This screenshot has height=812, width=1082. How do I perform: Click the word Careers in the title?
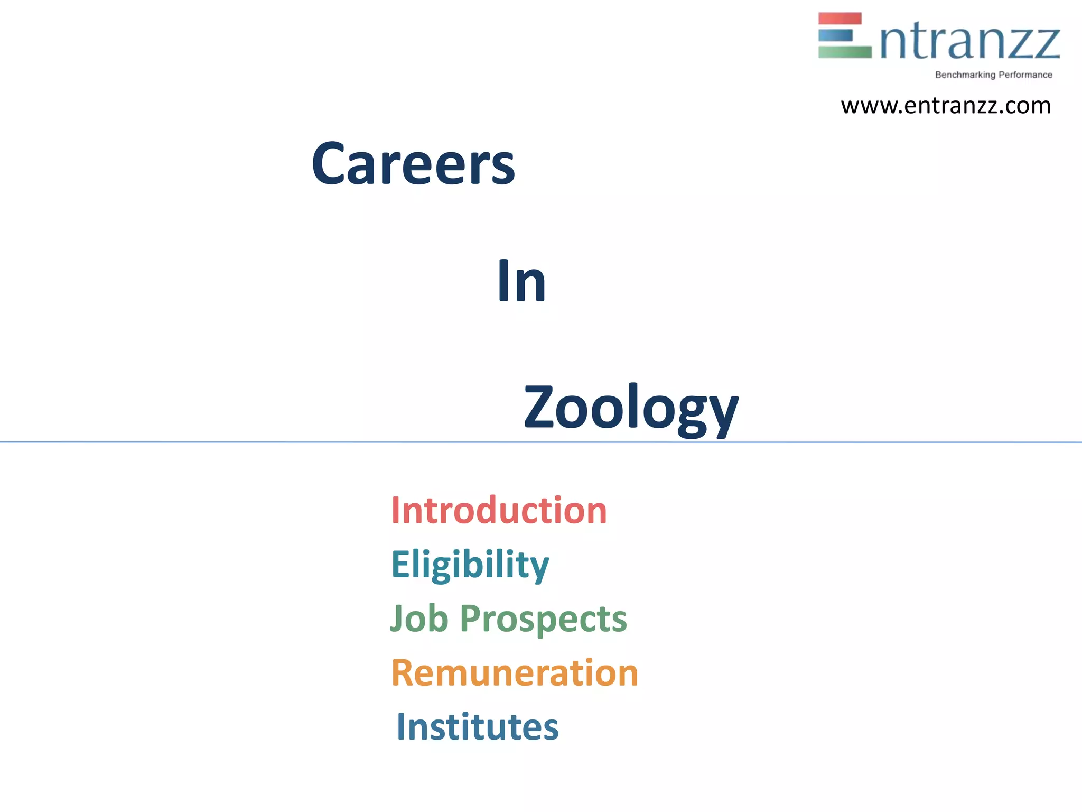tap(413, 164)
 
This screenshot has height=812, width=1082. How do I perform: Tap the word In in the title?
tap(521, 282)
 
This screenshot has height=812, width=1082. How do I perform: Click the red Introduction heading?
tap(499, 511)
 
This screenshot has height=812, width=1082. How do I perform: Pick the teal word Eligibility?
tap(470, 565)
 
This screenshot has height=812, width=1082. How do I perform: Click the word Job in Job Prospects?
tap(419, 619)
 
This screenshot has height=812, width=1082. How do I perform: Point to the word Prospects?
tap(543, 620)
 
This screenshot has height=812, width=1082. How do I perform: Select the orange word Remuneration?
tap(515, 673)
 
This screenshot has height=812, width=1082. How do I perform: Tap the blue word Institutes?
tap(477, 727)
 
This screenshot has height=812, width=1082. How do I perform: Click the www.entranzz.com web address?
tap(946, 106)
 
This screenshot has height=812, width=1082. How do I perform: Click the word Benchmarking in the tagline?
tap(965, 75)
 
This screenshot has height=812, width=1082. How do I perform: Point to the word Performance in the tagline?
tap(1025, 75)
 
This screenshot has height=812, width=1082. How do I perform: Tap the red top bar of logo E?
tap(840, 19)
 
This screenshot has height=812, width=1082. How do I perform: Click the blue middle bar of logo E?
tap(835, 35)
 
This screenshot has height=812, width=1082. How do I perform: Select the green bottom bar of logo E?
tap(844, 52)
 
